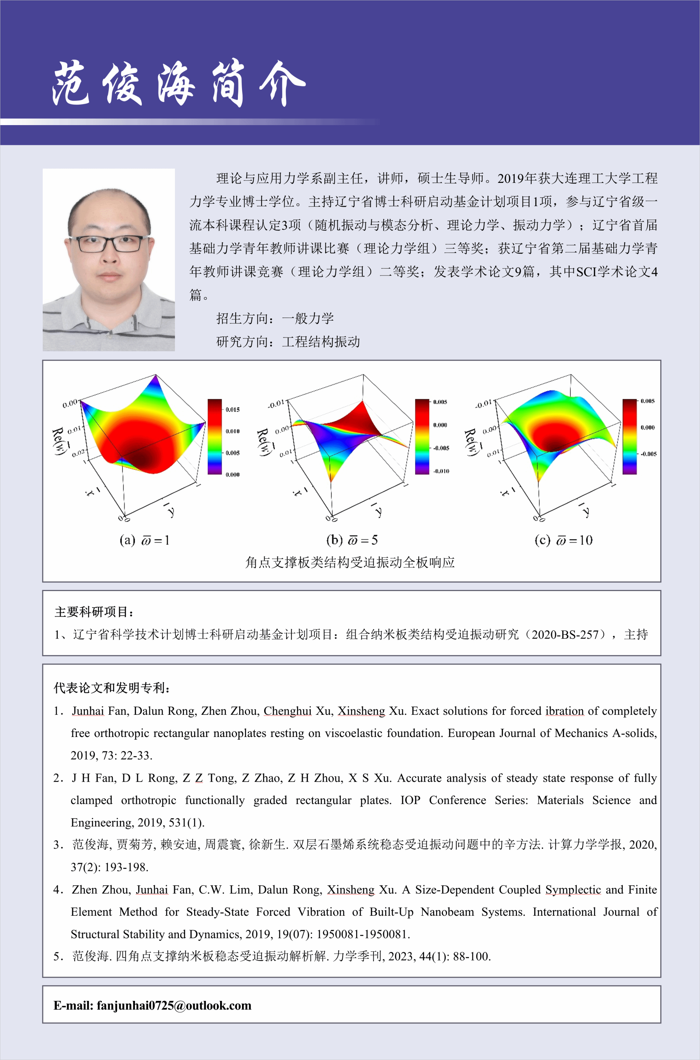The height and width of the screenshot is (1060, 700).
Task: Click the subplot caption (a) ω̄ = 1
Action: [144, 540]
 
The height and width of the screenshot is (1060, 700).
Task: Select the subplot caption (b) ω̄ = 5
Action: [352, 540]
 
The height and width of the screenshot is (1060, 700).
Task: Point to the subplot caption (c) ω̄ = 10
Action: [563, 540]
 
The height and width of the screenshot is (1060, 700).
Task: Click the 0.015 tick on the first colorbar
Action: [232, 410]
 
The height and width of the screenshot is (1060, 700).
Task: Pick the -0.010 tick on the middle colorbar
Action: [441, 471]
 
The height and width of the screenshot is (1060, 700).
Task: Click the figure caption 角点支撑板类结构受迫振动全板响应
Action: [350, 562]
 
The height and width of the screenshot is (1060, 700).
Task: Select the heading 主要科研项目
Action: [93, 612]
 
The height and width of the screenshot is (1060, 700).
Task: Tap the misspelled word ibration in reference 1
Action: [564, 711]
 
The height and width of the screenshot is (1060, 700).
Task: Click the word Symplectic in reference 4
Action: [573, 889]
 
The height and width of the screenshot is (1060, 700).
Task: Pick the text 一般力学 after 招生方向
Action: [308, 318]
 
